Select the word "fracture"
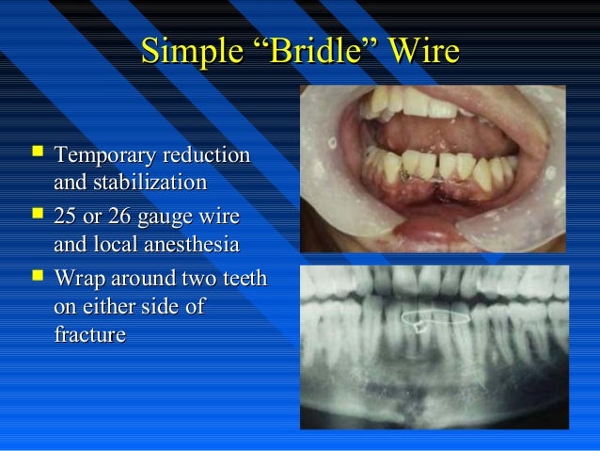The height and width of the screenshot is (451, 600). click(91, 333)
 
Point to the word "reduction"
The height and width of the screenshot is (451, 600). click(209, 154)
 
